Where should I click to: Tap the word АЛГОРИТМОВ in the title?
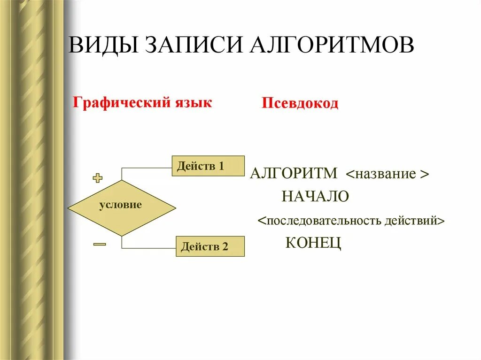pos(329,45)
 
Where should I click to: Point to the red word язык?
pos(193,102)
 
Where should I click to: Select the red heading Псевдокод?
pos(300,103)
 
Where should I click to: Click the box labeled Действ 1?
pos(208,166)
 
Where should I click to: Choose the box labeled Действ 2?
pos(210,246)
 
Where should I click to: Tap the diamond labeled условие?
pos(122,206)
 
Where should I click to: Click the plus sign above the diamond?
pos(98,178)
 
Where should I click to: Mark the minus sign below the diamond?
pos(99,244)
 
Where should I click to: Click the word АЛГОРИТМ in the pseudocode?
pos(294,173)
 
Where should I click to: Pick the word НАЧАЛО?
pos(315,196)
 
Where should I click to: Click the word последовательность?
pos(325,221)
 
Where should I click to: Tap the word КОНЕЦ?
pos(313,243)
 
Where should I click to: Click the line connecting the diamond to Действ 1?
pos(146,167)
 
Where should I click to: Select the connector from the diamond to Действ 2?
pos(148,248)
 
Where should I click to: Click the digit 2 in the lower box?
pos(225,247)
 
